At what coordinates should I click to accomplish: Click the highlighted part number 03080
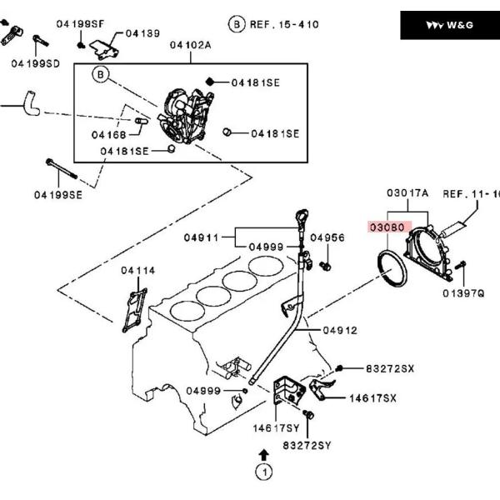click(x=387, y=227)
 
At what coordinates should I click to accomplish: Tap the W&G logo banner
click(x=450, y=25)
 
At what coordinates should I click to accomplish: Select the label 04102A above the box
click(x=190, y=45)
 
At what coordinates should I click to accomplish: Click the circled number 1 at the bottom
click(x=264, y=472)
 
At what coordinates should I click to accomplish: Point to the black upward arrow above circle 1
click(x=263, y=455)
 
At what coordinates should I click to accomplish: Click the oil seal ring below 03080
click(x=391, y=269)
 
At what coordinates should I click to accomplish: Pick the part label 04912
click(x=340, y=330)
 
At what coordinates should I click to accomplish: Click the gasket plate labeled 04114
click(x=134, y=311)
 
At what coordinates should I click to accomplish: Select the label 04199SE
click(x=58, y=195)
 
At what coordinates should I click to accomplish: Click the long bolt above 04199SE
click(x=62, y=168)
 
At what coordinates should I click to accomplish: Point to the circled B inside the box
click(x=101, y=74)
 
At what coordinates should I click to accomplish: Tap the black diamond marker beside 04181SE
click(x=210, y=82)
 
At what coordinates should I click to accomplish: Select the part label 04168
click(x=108, y=135)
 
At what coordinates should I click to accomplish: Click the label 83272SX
click(x=390, y=368)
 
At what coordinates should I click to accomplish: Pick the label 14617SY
click(x=276, y=428)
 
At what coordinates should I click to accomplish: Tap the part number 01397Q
click(x=463, y=293)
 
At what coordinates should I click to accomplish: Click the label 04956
click(x=327, y=237)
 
